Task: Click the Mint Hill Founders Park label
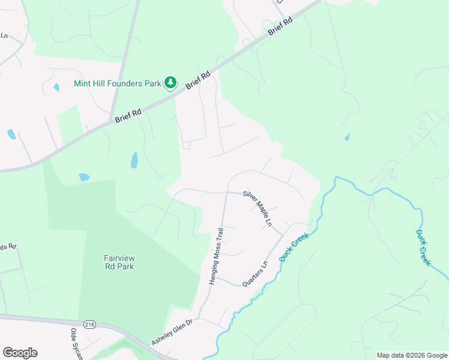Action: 118,83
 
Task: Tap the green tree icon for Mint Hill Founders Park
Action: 171,83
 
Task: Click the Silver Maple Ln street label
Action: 258,209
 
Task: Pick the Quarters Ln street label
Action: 255,274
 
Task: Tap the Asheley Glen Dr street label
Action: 172,332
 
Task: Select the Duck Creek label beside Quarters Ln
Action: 294,247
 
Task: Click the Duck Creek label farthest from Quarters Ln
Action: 423,248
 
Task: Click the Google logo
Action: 20,353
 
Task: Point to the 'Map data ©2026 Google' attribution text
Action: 412,355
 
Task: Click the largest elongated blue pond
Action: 134,160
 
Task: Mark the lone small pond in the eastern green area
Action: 347,137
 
